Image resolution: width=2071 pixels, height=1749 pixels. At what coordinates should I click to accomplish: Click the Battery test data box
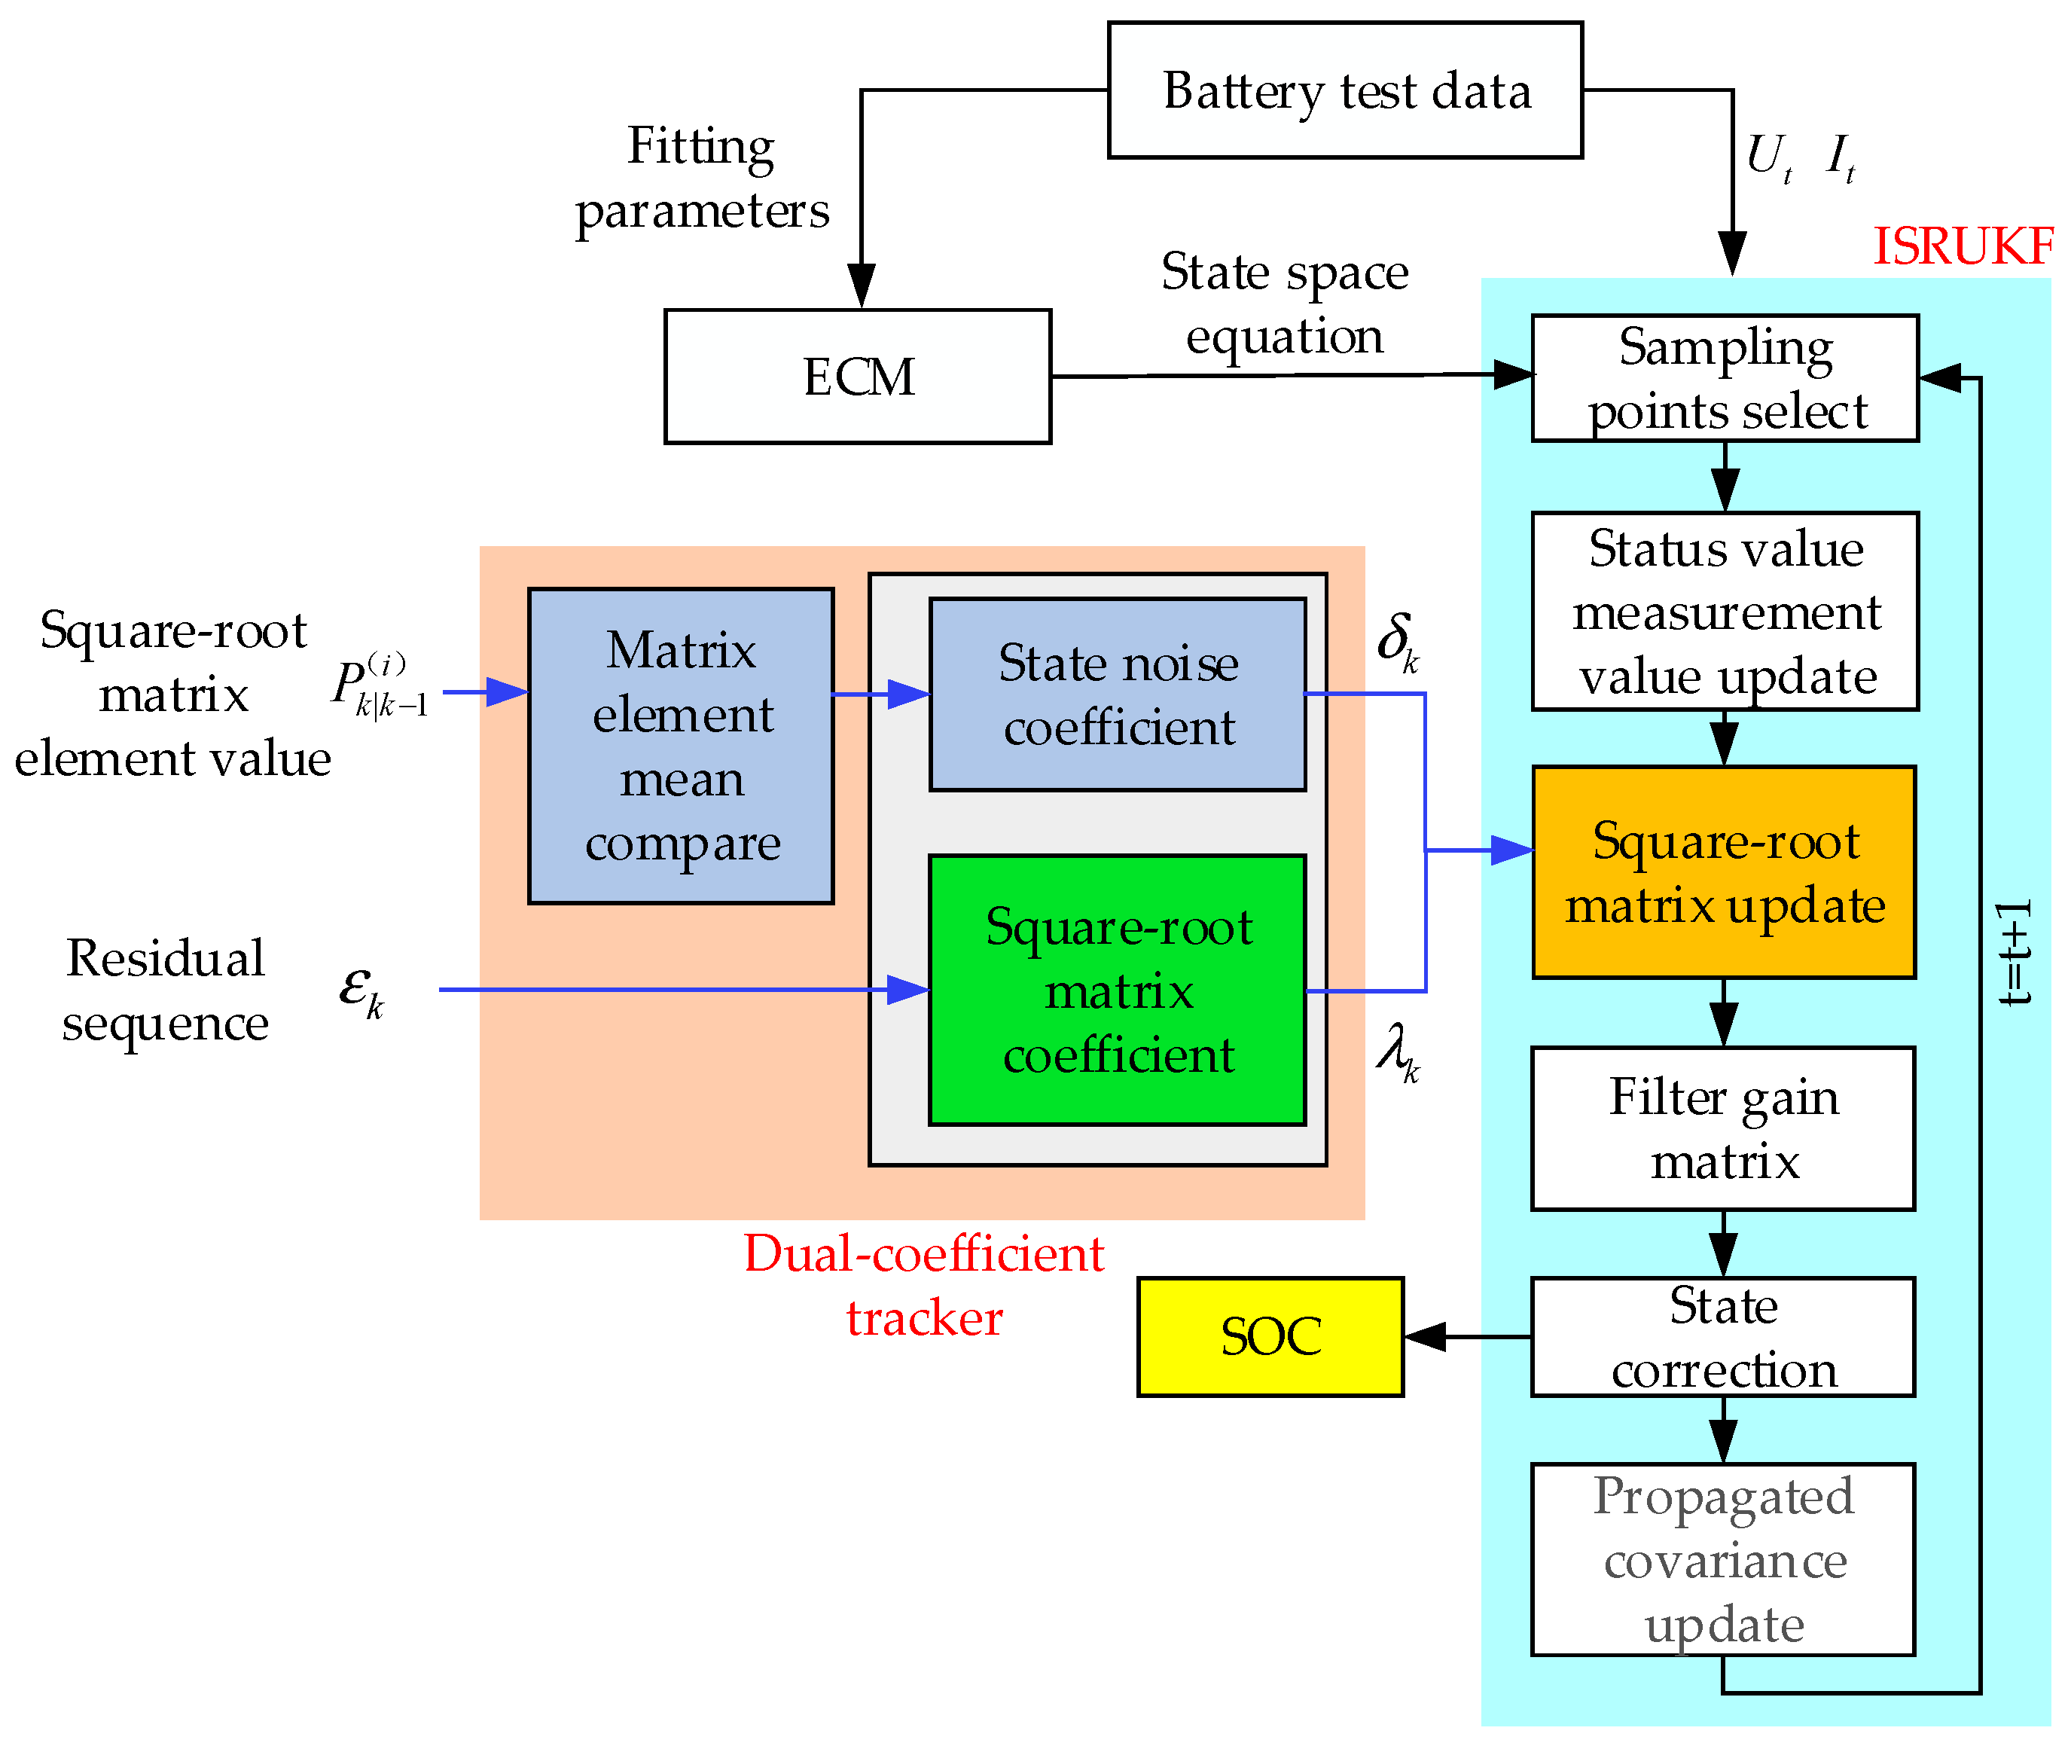pyautogui.click(x=1344, y=90)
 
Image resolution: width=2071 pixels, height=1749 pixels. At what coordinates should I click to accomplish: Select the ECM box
pyautogui.click(x=858, y=377)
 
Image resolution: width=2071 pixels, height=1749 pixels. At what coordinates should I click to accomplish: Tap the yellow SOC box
pyautogui.click(x=1270, y=1336)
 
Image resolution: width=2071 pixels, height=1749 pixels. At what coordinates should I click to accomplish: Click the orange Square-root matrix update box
pyautogui.click(x=1723, y=872)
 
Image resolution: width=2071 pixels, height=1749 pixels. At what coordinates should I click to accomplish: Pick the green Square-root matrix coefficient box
pyautogui.click(x=1118, y=990)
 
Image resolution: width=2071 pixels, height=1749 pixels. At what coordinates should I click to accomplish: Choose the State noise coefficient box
pyautogui.click(x=1118, y=694)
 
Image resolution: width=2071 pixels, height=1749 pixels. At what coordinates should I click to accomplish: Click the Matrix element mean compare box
pyautogui.click(x=681, y=746)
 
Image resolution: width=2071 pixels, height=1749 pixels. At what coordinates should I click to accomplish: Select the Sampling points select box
pyautogui.click(x=1725, y=378)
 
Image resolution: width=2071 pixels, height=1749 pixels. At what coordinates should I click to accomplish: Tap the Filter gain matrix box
pyautogui.click(x=1723, y=1128)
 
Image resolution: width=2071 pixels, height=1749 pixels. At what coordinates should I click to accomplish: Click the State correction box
pyautogui.click(x=1723, y=1336)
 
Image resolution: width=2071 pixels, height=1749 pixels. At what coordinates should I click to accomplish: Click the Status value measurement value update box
pyautogui.click(x=1725, y=611)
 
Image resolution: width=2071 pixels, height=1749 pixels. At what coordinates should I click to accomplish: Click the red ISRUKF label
pyautogui.click(x=1961, y=246)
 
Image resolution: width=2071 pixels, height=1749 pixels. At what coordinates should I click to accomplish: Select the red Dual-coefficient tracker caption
pyautogui.click(x=923, y=1286)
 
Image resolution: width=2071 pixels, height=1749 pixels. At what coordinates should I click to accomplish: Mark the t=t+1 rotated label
pyautogui.click(x=2015, y=954)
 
